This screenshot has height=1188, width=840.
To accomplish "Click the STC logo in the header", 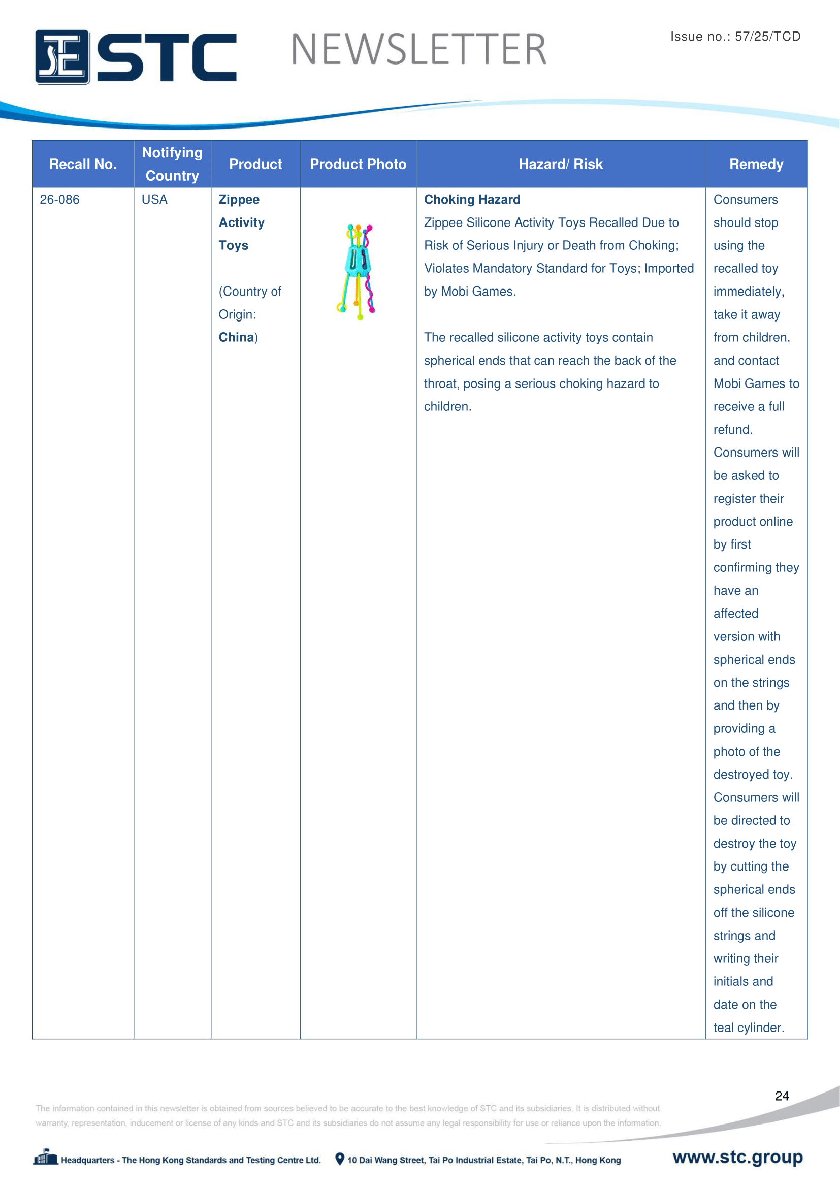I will (136, 57).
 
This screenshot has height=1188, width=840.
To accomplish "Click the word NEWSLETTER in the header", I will (418, 50).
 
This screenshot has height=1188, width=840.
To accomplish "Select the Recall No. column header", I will (83, 164).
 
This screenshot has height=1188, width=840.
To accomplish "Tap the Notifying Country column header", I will (172, 164).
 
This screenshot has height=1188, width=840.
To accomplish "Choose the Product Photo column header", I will (358, 164).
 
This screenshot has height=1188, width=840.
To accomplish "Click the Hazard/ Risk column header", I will (561, 164).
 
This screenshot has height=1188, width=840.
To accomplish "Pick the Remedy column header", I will (756, 164).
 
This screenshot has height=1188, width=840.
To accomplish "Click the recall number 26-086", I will (59, 200).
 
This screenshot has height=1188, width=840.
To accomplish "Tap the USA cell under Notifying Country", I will (154, 200).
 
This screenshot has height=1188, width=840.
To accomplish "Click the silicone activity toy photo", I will (358, 272).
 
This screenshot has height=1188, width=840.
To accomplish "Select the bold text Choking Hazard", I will (472, 200).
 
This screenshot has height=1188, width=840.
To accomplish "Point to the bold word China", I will (236, 337).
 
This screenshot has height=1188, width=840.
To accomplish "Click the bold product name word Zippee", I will (239, 200).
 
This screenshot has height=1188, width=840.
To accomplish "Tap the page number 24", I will (782, 1096).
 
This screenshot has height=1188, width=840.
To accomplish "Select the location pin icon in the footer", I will (339, 1159).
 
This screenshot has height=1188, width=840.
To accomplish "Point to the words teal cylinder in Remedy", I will (749, 1028).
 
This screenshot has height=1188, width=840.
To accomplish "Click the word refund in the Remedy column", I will (732, 430).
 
